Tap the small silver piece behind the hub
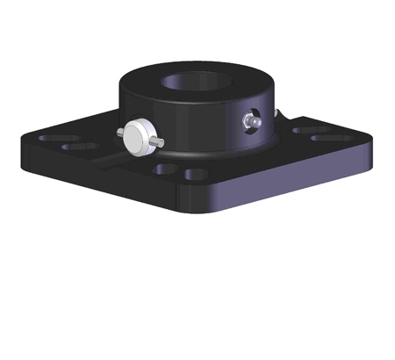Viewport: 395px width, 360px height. [x=279, y=114]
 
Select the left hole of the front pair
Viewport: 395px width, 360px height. [x=164, y=166]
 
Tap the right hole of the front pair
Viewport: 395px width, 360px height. [x=195, y=174]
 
